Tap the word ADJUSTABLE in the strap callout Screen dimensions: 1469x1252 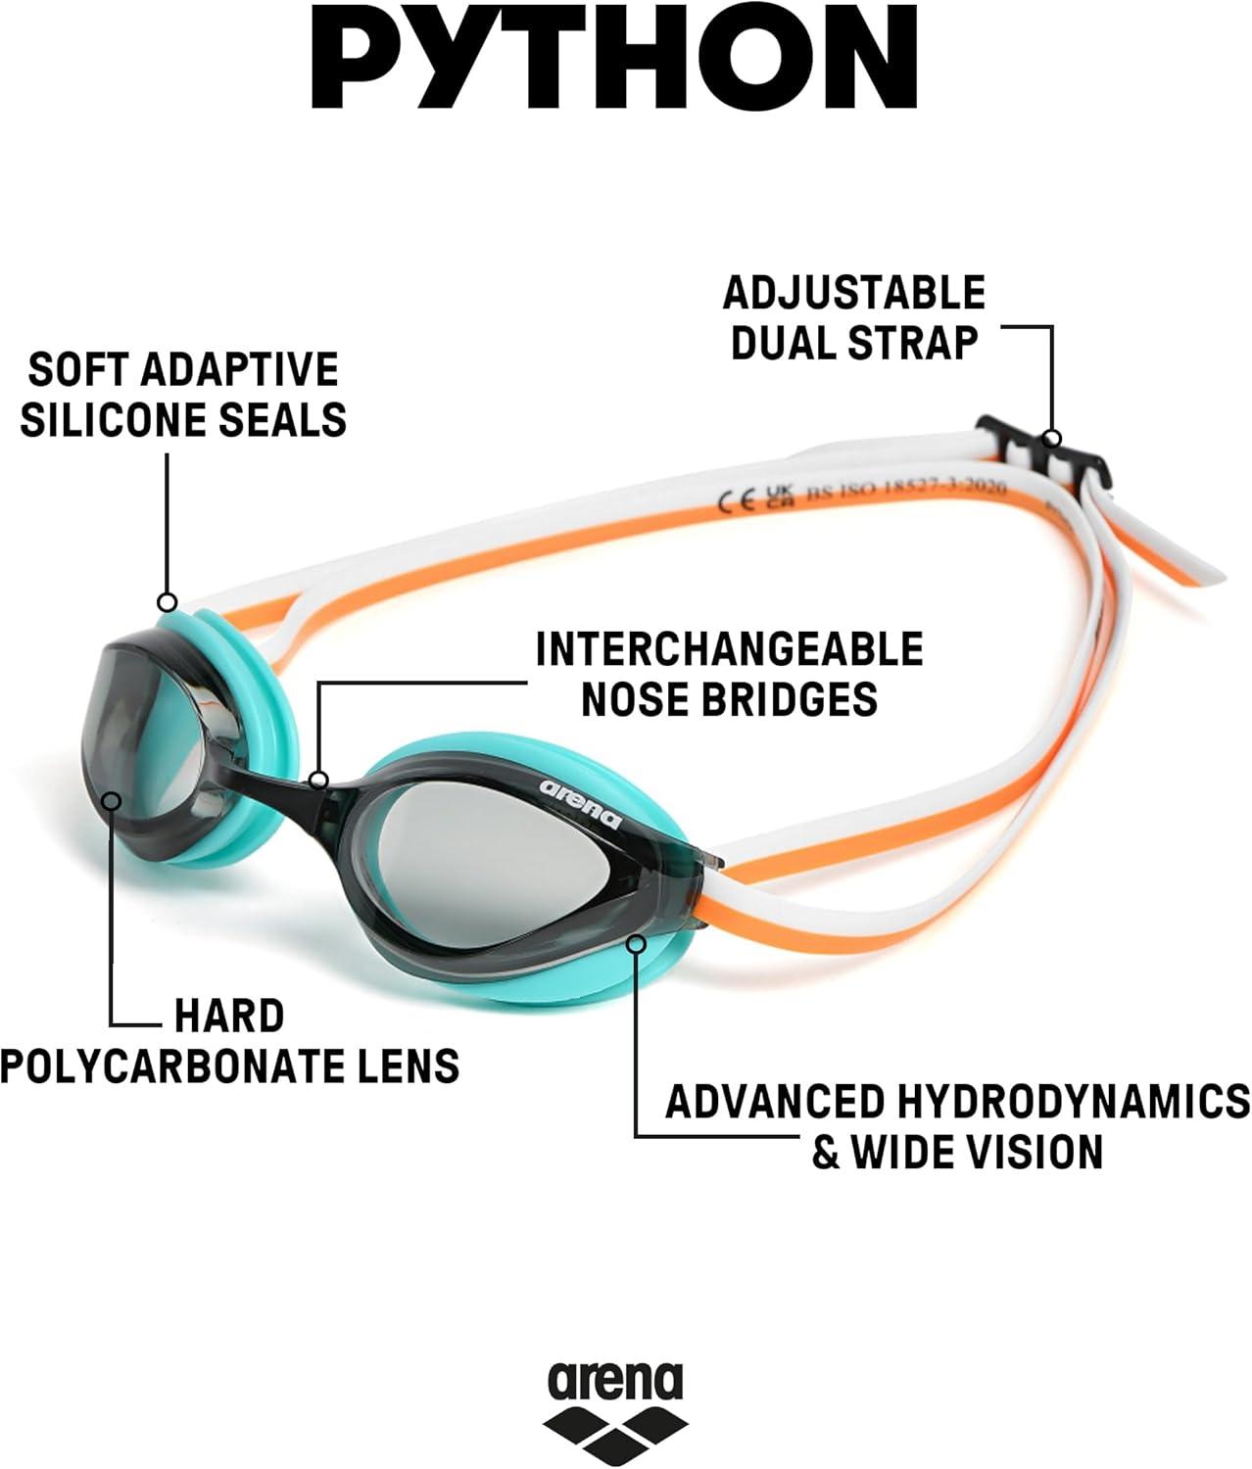tap(853, 292)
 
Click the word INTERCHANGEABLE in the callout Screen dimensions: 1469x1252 tap(729, 649)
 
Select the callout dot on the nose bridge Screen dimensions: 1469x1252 tap(318, 780)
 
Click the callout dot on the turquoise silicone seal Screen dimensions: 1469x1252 tap(168, 601)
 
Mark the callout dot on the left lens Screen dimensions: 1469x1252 tap(112, 801)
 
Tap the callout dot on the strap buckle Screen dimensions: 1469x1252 tap(1052, 438)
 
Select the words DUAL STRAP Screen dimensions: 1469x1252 tap(854, 343)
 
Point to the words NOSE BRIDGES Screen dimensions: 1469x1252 tap(729, 698)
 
